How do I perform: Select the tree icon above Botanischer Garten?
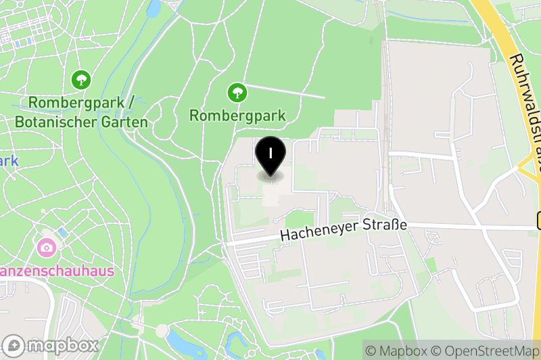81,80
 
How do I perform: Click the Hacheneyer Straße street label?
344,230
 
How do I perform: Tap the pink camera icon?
47,247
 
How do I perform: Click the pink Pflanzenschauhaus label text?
57,271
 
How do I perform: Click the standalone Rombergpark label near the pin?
237,116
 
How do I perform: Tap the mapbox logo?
51,344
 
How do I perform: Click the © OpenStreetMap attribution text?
485,351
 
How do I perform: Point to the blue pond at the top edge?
154,7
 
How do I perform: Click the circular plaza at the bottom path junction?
162,331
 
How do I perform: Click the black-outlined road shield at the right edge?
538,220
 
